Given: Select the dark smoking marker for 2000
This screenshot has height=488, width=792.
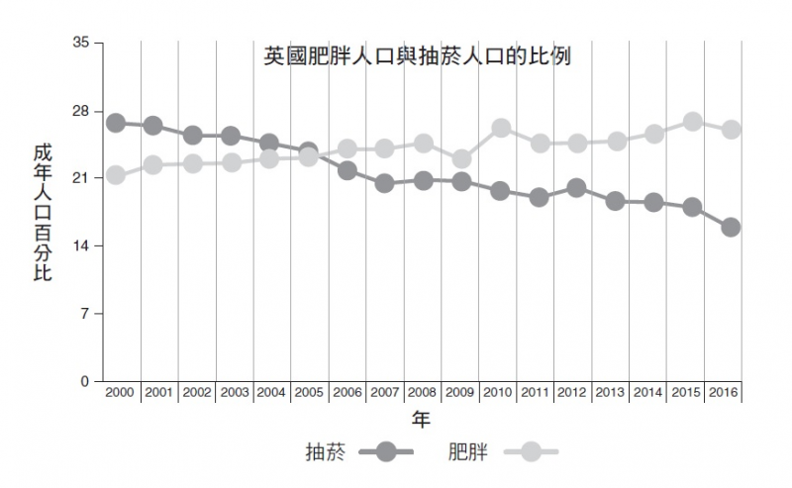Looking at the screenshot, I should point(116,123).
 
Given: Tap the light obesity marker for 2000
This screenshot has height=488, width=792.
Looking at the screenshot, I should point(116,175).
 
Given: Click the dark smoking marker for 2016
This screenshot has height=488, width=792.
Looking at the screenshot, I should point(731,227).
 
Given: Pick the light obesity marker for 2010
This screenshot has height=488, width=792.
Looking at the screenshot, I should point(501,128).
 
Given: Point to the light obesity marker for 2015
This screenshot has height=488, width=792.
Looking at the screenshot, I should point(693,122).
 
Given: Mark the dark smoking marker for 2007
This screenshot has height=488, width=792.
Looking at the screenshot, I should point(385,183).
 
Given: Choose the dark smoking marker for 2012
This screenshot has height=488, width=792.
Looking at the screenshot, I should point(577,188).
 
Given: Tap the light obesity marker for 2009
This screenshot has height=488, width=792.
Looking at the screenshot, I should point(461,159).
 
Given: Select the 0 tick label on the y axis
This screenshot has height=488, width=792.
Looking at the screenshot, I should point(85,381).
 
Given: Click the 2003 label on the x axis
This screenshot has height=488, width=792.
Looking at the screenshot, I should point(234,393).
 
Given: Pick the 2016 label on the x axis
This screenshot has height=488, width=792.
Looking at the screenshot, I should point(726,393).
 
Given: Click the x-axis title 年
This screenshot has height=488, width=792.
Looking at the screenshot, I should point(421,420).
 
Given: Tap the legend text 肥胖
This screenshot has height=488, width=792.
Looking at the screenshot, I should point(468,452).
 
